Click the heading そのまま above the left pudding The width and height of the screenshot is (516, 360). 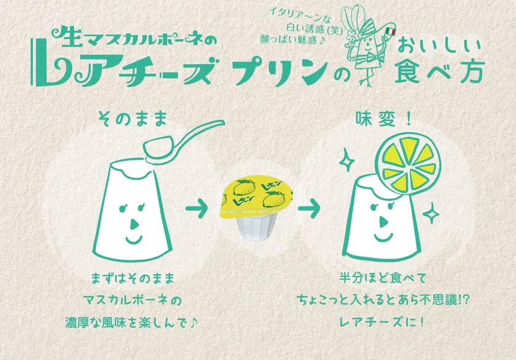(133, 119)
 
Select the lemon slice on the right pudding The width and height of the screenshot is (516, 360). (408, 163)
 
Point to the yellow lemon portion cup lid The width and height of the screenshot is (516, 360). (256, 196)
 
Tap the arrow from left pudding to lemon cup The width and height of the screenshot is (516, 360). (197, 208)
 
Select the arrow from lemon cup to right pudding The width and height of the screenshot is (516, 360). (309, 208)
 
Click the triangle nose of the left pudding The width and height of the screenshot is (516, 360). (134, 224)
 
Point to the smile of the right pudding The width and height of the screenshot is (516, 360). (383, 237)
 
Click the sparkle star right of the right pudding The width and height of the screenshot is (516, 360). (431, 213)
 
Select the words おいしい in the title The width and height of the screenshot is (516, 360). (439, 46)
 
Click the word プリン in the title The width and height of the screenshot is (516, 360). (280, 71)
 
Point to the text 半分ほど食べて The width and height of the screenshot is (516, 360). (382, 278)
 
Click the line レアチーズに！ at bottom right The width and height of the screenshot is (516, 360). (381, 321)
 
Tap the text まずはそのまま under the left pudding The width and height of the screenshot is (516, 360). (132, 278)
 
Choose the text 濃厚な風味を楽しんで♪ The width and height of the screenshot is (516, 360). (131, 322)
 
